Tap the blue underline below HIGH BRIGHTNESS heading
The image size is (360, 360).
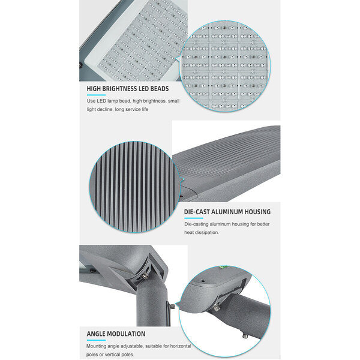[x=95, y=97]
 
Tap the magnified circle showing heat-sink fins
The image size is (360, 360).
[x=134, y=187]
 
